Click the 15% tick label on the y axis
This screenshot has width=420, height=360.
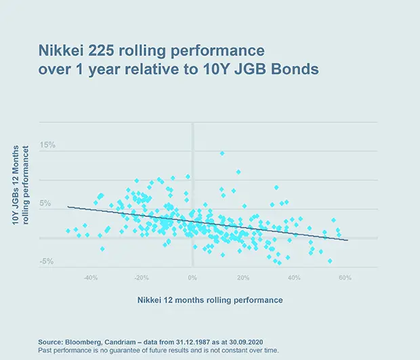point(47,145)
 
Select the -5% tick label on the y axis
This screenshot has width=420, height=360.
point(47,262)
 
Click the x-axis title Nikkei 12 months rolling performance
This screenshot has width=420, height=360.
point(211,298)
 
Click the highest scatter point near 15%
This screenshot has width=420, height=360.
point(222,154)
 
